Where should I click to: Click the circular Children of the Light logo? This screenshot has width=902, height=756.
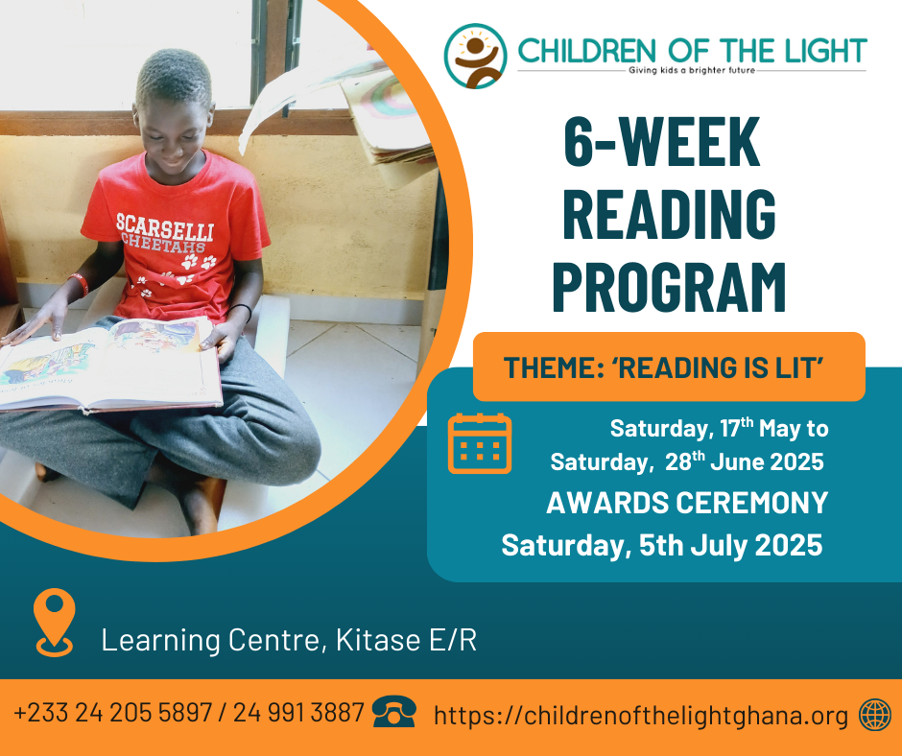(475, 56)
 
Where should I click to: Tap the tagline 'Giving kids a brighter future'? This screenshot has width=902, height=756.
(692, 70)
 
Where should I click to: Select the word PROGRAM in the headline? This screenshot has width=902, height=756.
(669, 288)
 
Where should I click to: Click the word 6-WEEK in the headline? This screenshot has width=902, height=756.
(661, 142)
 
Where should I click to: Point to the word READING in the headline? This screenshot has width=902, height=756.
(669, 214)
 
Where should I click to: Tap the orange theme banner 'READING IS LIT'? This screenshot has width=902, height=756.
(669, 366)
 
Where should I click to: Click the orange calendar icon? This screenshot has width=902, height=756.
(480, 443)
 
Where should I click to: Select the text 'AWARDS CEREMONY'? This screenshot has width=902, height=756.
(687, 503)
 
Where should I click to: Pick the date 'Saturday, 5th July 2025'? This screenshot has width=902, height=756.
(661, 545)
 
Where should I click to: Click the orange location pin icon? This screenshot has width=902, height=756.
(54, 623)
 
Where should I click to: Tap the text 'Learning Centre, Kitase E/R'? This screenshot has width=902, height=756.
(289, 640)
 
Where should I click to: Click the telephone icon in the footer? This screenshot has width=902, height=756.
(394, 712)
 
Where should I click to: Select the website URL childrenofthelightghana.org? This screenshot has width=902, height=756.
(641, 716)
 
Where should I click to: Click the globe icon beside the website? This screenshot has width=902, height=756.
(875, 715)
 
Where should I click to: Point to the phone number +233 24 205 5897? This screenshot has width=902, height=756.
(113, 712)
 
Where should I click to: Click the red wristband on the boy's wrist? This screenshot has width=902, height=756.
(80, 284)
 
